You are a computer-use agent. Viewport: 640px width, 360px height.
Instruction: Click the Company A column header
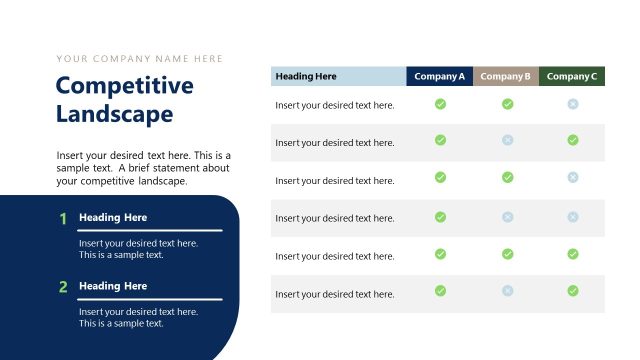pos(440,76)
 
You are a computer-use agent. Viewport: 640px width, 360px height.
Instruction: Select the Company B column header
pos(506,76)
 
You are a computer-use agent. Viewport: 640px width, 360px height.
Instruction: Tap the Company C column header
pos(572,76)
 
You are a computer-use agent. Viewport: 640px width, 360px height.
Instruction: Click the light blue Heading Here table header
pos(338,76)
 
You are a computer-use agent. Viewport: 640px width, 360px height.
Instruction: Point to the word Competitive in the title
pos(124,86)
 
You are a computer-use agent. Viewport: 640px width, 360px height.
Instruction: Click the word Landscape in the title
pos(114,114)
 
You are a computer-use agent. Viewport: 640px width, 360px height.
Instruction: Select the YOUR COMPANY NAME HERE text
pos(140,59)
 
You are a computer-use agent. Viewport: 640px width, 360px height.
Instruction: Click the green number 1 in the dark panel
pos(62,219)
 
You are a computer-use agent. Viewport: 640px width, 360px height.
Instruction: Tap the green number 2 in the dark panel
pos(62,287)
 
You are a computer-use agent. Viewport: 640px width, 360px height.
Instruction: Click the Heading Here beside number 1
pos(113,218)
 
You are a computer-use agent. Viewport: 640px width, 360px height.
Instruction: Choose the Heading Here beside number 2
pos(113,286)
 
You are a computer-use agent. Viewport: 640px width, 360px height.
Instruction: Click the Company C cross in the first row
pos(573,104)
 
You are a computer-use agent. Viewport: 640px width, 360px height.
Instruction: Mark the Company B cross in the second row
pos(507,140)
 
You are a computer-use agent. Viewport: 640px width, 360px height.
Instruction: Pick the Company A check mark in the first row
pos(440,104)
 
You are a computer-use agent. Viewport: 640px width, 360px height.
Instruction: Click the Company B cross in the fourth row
pos(507,217)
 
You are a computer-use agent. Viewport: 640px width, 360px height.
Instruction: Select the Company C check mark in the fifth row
pos(573,254)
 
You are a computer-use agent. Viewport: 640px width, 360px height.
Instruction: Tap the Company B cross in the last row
pos(507,291)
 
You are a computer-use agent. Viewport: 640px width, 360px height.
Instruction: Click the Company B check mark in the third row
pos(507,177)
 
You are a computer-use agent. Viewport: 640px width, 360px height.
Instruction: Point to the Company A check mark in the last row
pos(440,291)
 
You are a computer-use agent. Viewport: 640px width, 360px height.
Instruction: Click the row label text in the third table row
pos(335,181)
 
